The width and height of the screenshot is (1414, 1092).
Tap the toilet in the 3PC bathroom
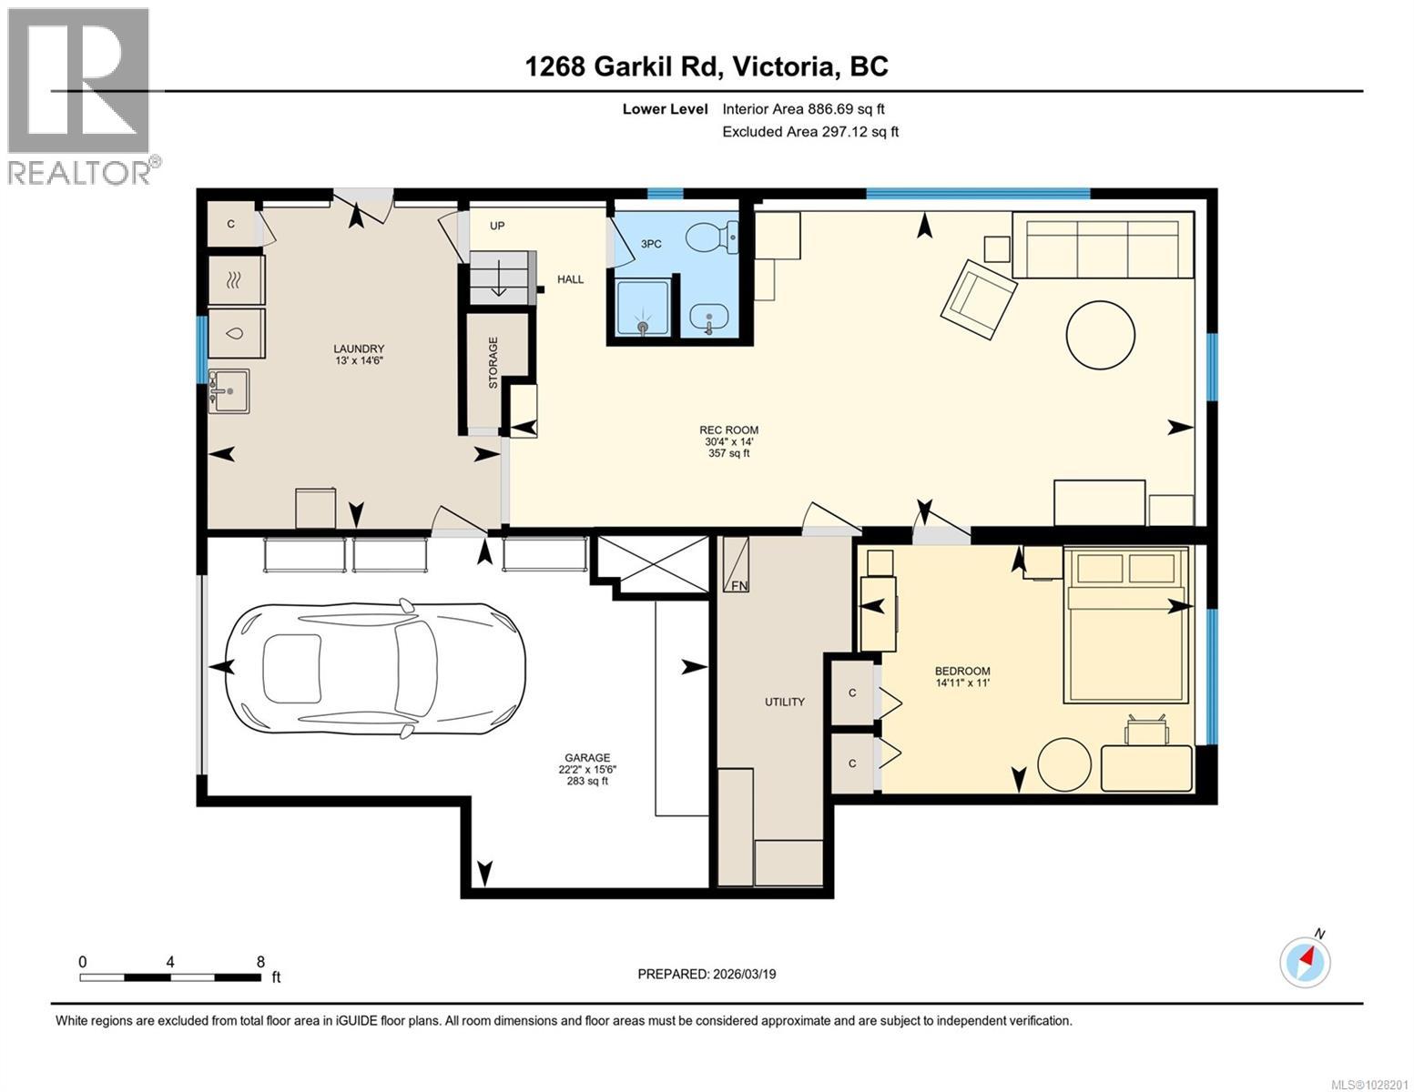click(710, 238)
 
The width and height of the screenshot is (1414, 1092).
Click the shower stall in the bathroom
click(644, 308)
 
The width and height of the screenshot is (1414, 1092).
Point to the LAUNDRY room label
click(359, 349)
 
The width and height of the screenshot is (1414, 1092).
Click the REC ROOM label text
click(728, 430)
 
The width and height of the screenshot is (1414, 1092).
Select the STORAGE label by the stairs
click(493, 363)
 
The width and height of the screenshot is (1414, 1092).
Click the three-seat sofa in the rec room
click(1103, 245)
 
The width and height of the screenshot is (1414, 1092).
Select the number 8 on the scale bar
click(260, 961)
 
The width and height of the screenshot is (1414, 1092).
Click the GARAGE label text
click(586, 757)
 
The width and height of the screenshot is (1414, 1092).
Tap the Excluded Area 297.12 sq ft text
click(810, 132)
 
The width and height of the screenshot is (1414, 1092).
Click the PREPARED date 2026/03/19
click(707, 974)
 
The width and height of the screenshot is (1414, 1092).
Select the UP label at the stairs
click(497, 226)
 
